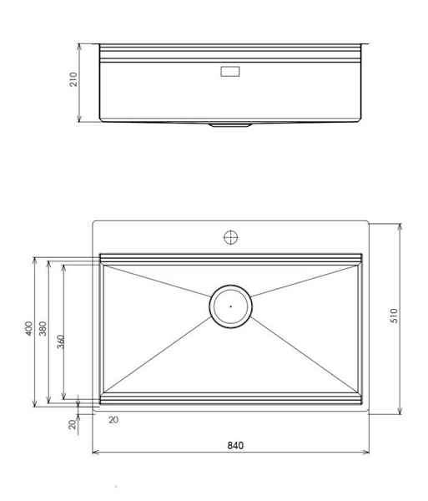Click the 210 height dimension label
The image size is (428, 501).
tap(73, 81)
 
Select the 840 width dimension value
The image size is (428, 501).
tap(235, 446)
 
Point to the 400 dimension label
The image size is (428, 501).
tap(28, 331)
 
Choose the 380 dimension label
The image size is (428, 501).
tap(43, 331)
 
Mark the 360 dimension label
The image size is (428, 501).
tap(60, 342)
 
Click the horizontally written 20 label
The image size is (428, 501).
tap(113, 420)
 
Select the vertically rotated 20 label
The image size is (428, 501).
tap(73, 424)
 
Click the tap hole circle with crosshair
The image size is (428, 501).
tap(231, 237)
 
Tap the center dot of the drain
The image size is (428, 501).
tap(230, 306)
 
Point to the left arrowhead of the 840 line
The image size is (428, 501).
tap(95, 453)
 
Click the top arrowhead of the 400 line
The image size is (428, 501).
tap(34, 260)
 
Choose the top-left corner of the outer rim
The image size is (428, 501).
tap(93, 222)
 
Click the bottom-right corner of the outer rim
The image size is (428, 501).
tap(368, 412)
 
